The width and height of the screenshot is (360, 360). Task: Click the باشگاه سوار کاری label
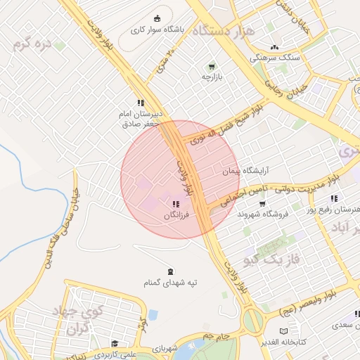[x=157, y=31]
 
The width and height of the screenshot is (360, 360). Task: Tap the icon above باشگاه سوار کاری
[x=157, y=19]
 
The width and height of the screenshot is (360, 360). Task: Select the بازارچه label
[x=212, y=77]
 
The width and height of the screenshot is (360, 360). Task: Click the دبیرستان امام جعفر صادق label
[x=140, y=117]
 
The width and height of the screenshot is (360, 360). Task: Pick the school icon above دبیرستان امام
[x=140, y=102]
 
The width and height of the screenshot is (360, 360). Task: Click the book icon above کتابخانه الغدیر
[x=283, y=331]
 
